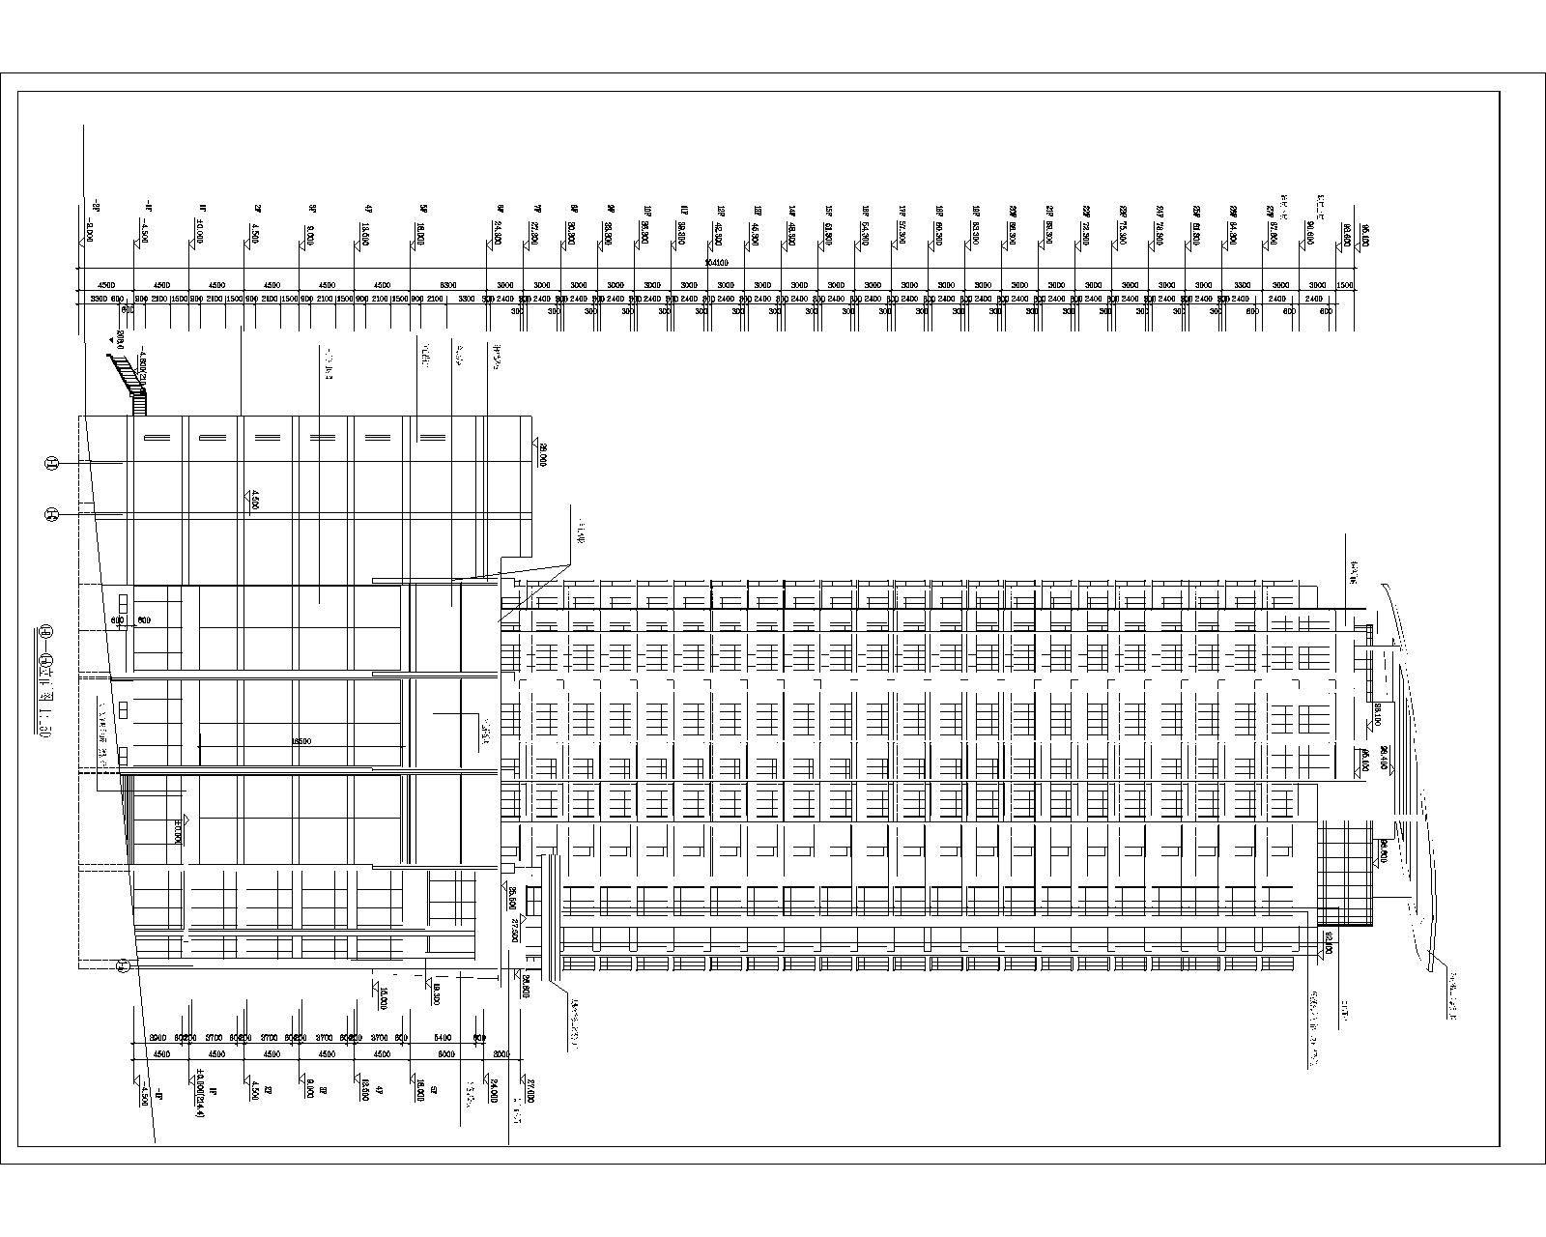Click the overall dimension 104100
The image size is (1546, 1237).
coord(716,262)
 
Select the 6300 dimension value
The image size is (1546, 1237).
coord(448,285)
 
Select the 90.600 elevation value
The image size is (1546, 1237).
coord(1311,233)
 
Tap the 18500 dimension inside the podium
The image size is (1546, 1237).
coord(301,741)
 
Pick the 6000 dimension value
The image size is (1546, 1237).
coord(445,1054)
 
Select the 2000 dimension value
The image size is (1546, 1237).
coord(501,1054)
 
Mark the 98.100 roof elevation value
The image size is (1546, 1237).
coord(1376,715)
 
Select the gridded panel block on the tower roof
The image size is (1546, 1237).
coord(1345,870)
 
